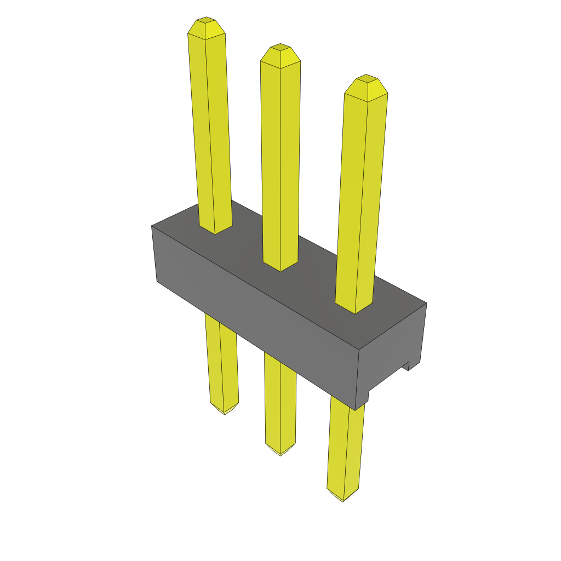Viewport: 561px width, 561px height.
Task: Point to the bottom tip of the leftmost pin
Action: point(224,413)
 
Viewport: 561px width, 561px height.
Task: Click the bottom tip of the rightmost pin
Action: point(343,500)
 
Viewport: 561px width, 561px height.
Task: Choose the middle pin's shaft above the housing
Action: point(280,159)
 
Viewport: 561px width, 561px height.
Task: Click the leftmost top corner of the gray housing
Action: point(152,226)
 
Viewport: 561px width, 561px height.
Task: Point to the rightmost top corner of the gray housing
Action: point(426,303)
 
